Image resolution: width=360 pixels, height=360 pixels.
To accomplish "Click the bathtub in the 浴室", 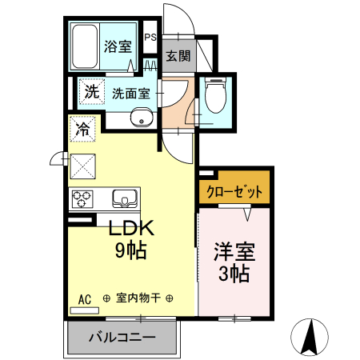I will (x=84, y=47).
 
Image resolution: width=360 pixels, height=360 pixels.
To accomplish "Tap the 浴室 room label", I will (x=118, y=46).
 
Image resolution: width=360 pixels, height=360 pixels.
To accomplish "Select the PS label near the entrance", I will (x=150, y=37).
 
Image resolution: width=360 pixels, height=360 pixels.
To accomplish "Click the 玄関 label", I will (x=178, y=56).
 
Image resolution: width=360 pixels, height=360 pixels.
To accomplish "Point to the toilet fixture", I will (x=214, y=98).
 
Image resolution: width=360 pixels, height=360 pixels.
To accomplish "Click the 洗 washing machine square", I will (x=92, y=92).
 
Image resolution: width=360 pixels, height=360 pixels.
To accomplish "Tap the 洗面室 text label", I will (x=130, y=93).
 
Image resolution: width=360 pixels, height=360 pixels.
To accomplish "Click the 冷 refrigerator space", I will (x=82, y=128).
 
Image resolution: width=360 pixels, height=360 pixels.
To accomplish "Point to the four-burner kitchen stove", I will (x=82, y=198).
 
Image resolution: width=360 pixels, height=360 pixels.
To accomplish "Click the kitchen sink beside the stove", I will (x=124, y=198).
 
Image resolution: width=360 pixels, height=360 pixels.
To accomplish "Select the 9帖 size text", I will (x=130, y=250).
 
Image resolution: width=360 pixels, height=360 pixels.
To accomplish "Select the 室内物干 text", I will (x=138, y=298).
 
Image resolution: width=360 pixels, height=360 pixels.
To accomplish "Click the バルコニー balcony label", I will (x=122, y=338).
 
